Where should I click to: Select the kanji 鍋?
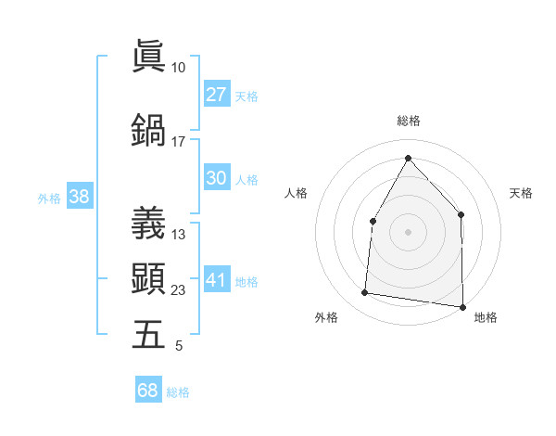[x=148, y=129]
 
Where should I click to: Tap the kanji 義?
[x=148, y=224]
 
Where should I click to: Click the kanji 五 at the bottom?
[x=148, y=335]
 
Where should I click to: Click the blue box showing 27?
[x=217, y=94]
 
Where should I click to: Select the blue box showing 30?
[x=217, y=178]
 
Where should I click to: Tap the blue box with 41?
[x=217, y=280]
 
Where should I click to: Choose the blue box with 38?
[x=80, y=196]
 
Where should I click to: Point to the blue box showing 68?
[x=148, y=391]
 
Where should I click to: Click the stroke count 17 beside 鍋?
[x=178, y=141]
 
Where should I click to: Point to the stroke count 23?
[x=178, y=290]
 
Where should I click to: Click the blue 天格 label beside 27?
[x=246, y=96]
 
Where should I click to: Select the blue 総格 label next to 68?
[x=178, y=392]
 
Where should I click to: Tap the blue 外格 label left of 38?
[x=49, y=198]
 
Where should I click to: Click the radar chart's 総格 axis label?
[x=408, y=121]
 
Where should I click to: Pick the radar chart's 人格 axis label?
[x=296, y=193]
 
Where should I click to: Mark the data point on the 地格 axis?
[x=462, y=306]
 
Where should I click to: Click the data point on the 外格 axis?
[x=365, y=293]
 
